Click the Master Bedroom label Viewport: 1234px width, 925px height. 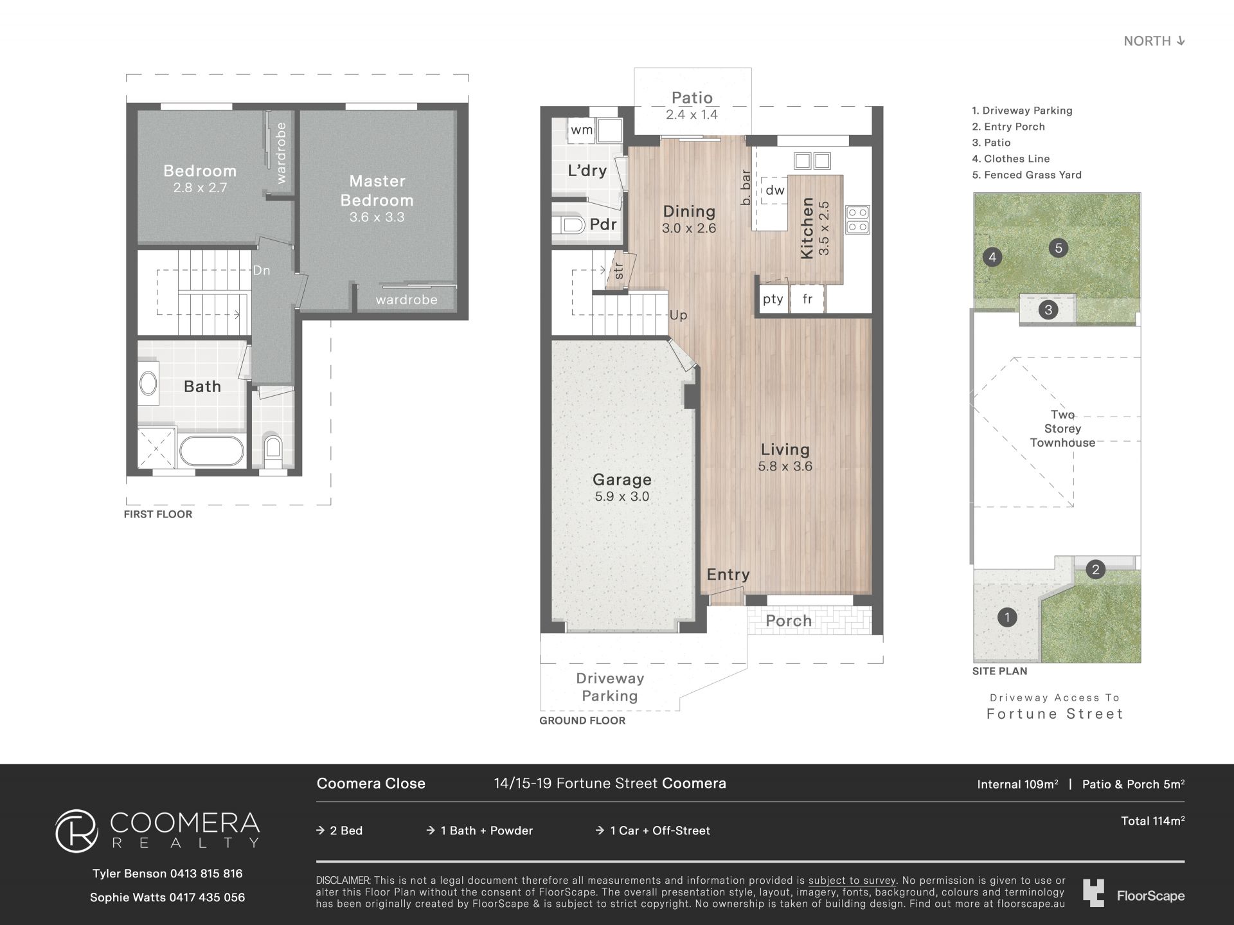(x=377, y=190)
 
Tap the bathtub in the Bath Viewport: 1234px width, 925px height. (x=211, y=451)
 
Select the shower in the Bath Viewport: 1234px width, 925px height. (x=156, y=447)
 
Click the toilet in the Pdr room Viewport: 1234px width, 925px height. (x=568, y=224)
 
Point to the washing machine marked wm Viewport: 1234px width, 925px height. (x=582, y=130)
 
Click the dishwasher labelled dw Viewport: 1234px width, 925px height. (x=775, y=190)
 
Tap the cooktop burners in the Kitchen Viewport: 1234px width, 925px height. (x=857, y=219)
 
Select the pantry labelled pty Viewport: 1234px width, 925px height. (x=773, y=299)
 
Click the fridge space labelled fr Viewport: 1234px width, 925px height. (x=807, y=299)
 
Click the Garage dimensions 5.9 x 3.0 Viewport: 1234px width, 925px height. (x=622, y=496)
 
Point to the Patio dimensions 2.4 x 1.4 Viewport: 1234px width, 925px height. (x=692, y=114)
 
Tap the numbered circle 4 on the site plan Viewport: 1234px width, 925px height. (x=992, y=258)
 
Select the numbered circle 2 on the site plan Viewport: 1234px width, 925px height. (x=1095, y=569)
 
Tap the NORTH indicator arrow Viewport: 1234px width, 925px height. (x=1180, y=41)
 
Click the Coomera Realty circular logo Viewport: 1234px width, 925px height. (x=76, y=831)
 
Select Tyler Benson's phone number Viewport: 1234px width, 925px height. (x=206, y=874)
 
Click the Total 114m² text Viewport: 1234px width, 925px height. (x=1153, y=821)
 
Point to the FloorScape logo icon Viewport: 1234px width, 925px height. (x=1093, y=894)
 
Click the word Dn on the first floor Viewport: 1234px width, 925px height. (x=262, y=271)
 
